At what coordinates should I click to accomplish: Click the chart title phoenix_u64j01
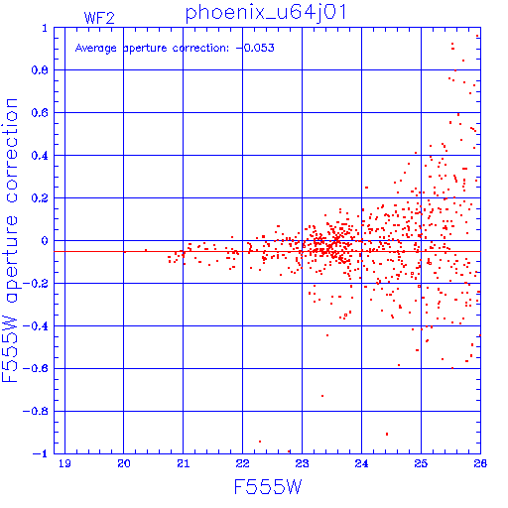tap(266, 14)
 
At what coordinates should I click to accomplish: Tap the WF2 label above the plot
tap(99, 18)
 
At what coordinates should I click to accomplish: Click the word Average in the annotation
tap(96, 49)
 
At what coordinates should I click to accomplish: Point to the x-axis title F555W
tap(268, 487)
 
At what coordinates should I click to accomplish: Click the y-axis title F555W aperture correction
tap(10, 240)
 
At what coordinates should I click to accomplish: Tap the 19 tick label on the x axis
tap(64, 463)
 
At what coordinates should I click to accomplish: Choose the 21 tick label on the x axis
tap(184, 463)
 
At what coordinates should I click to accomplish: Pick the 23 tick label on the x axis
tap(302, 463)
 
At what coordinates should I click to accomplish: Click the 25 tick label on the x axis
tap(421, 463)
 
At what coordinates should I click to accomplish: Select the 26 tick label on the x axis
tap(480, 463)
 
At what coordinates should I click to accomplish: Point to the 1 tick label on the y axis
tap(45, 28)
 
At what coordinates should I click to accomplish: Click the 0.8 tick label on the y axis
tap(40, 70)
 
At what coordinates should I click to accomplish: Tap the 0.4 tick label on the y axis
tap(40, 156)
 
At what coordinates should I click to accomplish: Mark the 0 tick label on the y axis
tap(45, 241)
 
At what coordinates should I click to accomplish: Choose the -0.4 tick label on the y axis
tap(36, 326)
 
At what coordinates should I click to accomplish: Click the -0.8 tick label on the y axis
tap(36, 412)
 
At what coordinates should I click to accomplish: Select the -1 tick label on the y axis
tap(41, 453)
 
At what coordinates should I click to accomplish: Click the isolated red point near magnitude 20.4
tap(146, 250)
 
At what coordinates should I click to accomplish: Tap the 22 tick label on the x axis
tap(242, 463)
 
